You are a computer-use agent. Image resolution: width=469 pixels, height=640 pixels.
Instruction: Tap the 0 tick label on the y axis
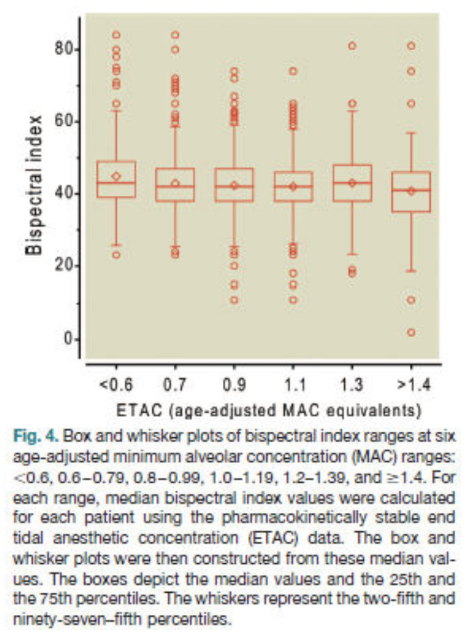pos(71,339)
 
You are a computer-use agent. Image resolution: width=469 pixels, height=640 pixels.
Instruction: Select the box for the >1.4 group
pos(411,191)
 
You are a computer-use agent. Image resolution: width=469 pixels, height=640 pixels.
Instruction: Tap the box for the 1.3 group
pos(353,183)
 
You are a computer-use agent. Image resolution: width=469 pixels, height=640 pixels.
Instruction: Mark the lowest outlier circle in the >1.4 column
pos(411,332)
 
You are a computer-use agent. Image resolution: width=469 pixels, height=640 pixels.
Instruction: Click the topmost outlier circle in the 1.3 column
pos(353,45)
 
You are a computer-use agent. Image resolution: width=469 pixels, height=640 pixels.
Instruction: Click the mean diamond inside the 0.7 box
pos(176,184)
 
